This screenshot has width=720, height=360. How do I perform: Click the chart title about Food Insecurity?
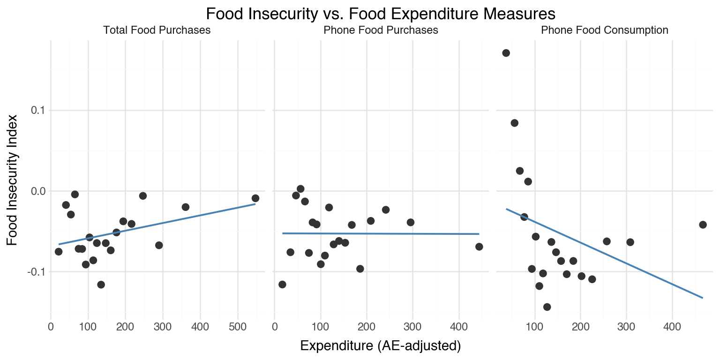(381, 14)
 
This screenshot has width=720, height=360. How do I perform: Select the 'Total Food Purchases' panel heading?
(157, 30)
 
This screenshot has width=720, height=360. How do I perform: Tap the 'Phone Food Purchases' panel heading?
(381, 30)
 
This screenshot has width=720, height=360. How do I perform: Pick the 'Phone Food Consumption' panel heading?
(605, 30)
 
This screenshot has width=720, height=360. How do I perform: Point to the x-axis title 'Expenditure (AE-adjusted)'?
(381, 346)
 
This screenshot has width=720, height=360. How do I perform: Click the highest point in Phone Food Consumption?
(506, 53)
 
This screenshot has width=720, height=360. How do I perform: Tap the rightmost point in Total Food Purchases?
(255, 198)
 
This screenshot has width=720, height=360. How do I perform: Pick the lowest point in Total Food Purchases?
(101, 285)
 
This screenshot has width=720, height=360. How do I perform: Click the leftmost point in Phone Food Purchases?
(282, 285)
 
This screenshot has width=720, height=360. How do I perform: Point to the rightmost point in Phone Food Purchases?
(479, 247)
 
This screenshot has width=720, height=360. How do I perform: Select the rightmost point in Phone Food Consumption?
(703, 225)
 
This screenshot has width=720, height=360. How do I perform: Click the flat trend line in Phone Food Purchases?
(381, 233)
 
